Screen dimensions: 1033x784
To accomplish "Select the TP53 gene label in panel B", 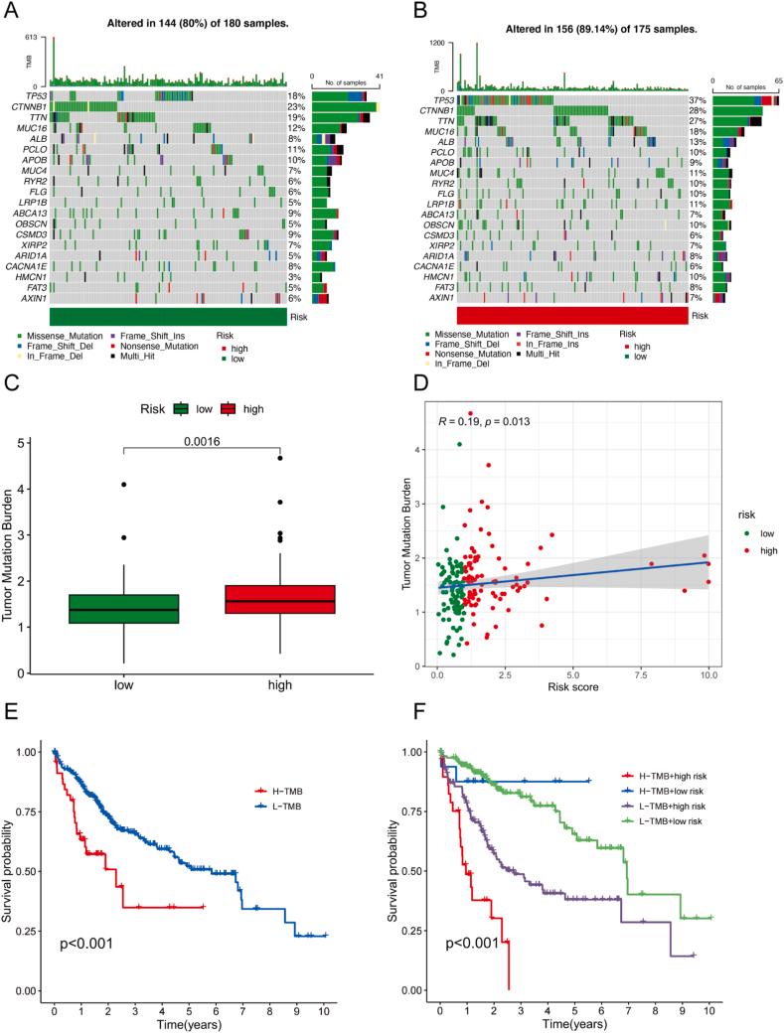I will click(439, 101).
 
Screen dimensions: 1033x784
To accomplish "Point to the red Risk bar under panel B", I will click(573, 314).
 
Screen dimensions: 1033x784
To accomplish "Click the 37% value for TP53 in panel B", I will click(700, 101).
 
